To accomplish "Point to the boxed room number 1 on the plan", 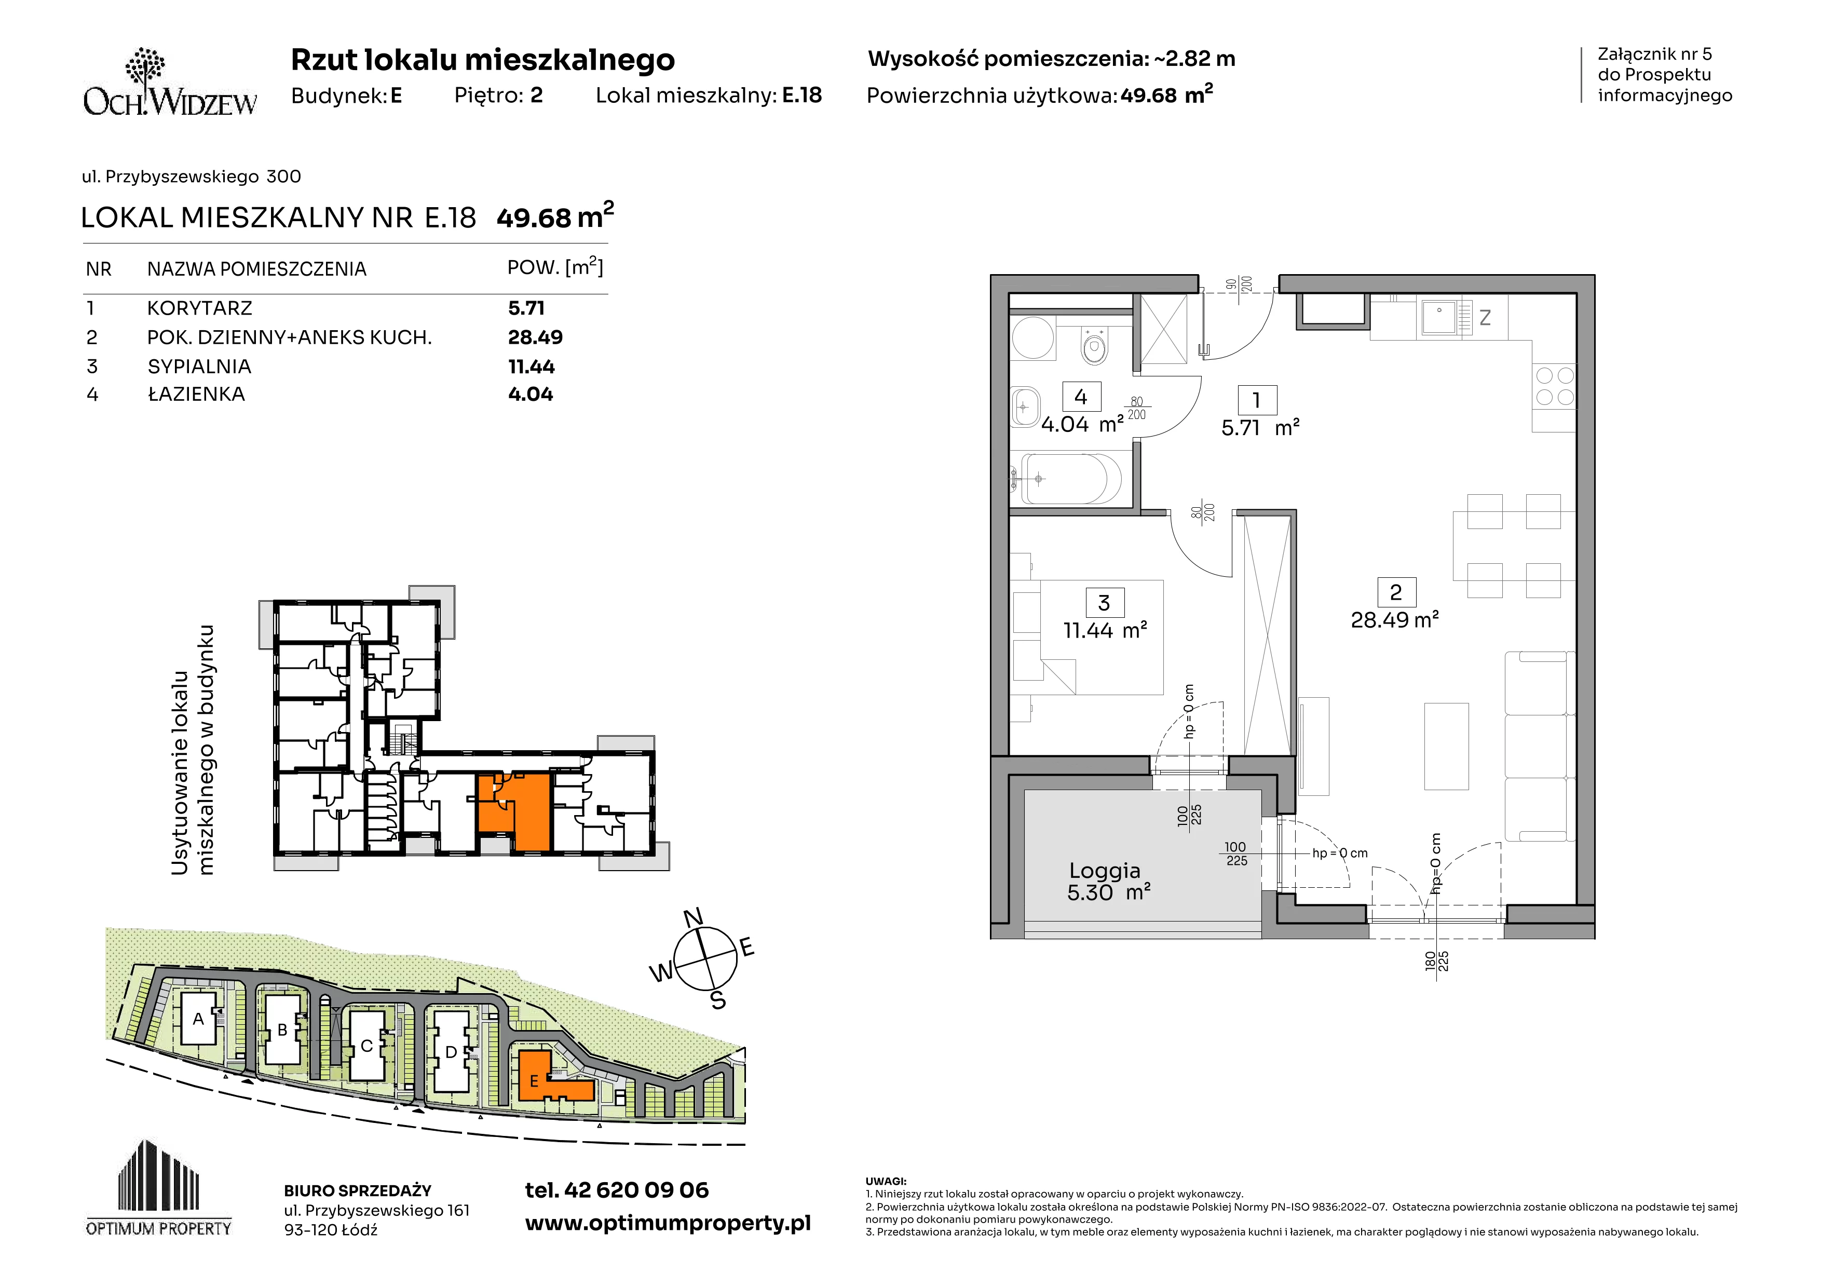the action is (x=1256, y=400).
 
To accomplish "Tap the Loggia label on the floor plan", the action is (x=1105, y=871).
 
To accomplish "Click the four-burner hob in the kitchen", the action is (x=1555, y=386).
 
